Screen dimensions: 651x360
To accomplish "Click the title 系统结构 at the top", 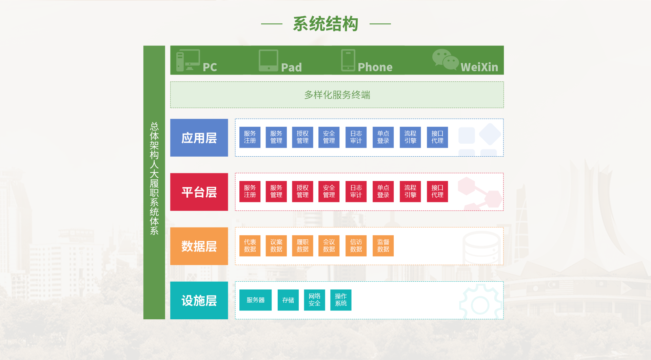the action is [325, 24].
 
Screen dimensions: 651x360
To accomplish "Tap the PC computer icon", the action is [188, 60].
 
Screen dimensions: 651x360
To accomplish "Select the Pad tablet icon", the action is [269, 61].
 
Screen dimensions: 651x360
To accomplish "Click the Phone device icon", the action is [348, 60].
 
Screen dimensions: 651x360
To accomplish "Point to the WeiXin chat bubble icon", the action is [446, 60].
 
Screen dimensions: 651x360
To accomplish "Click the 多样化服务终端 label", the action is [337, 95].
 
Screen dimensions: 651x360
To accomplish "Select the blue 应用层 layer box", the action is [199, 138].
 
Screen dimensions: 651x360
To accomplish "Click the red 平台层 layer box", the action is [199, 192].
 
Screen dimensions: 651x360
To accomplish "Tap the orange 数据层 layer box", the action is [199, 246].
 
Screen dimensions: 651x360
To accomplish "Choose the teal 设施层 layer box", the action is [199, 300].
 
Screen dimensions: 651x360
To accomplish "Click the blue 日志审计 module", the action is [356, 137].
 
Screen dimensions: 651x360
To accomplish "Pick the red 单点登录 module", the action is [383, 192].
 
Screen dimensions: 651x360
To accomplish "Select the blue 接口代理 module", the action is [437, 137].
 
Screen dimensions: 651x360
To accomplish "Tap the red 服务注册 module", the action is [250, 192].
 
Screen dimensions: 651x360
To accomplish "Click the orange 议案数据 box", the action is [276, 246].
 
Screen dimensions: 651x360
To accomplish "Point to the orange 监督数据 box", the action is [383, 246].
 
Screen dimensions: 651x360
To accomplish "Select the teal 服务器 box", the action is [255, 300].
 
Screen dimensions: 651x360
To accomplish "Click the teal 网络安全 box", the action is [315, 300].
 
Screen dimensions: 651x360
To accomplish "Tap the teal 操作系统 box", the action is [341, 300].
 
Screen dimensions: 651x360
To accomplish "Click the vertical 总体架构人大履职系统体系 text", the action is [154, 178].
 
